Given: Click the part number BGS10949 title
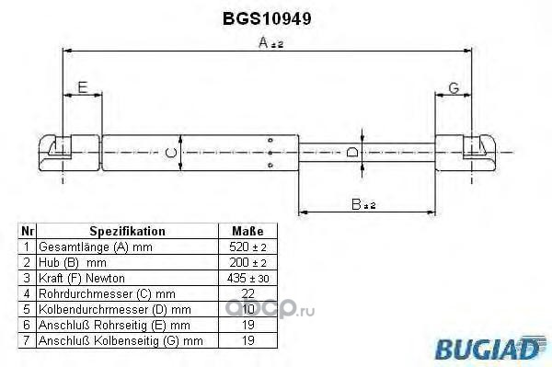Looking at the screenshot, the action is pos(267,18).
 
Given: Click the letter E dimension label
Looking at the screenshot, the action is pos(83,87).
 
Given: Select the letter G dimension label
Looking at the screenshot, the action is pos(454,88).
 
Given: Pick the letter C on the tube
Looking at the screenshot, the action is pos(171,153).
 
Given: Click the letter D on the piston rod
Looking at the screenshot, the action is pos(352,153).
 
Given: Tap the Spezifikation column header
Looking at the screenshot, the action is pos(127,231).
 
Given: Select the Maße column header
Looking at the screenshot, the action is pos(247,231).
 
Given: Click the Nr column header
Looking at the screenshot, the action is pos(28,231).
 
